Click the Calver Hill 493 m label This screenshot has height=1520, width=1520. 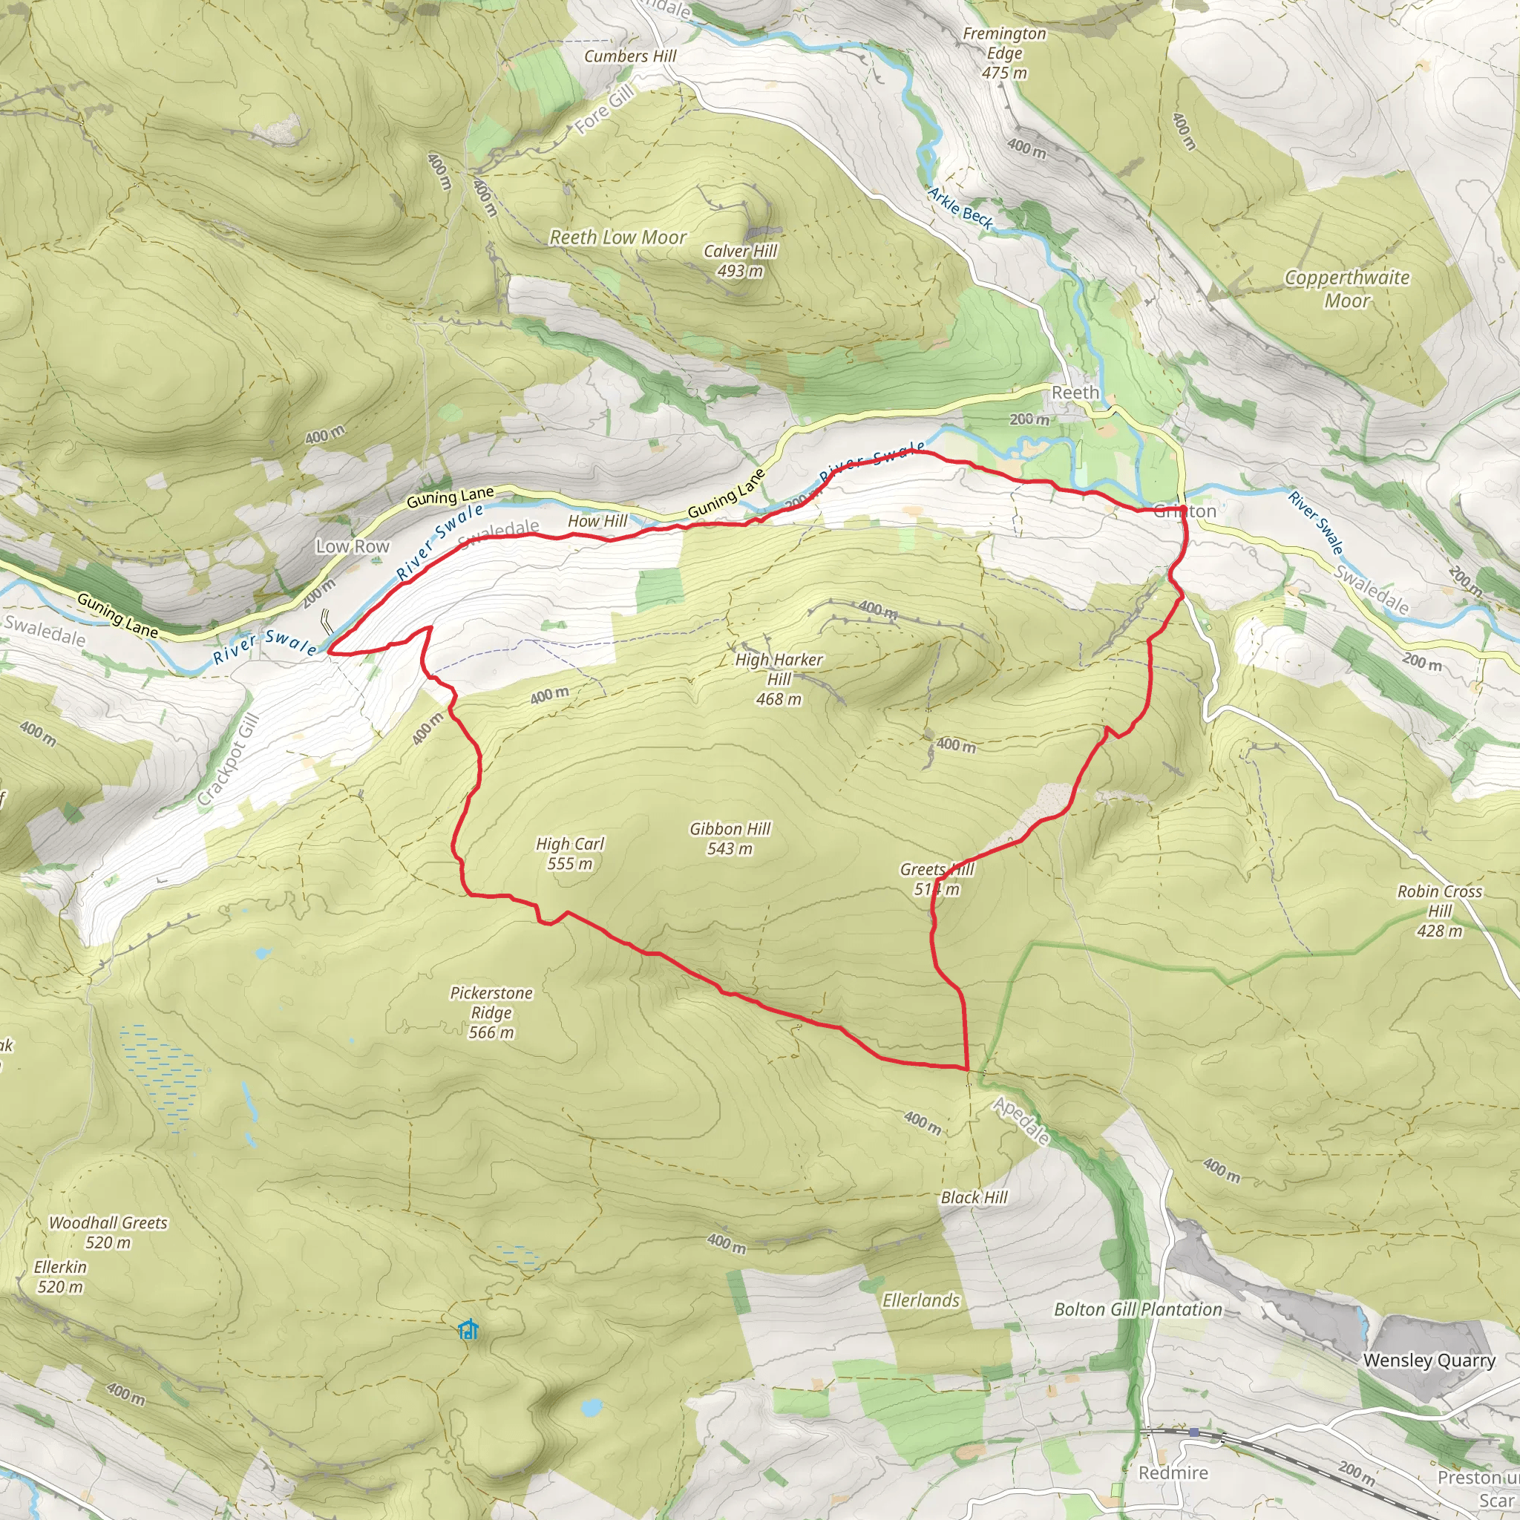(x=739, y=261)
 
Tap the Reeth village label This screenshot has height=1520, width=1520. (x=1075, y=393)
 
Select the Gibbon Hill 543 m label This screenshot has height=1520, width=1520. (x=730, y=838)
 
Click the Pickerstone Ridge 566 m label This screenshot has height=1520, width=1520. (x=491, y=1012)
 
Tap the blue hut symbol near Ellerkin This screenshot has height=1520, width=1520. (x=468, y=1329)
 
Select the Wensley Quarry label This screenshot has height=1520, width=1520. (x=1429, y=1360)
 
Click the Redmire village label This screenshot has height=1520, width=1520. (x=1173, y=1472)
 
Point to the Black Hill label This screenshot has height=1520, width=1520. (x=974, y=1196)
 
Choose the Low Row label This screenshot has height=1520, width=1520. (x=353, y=546)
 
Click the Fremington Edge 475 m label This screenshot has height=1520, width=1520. (x=1005, y=53)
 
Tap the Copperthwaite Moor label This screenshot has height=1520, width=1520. (x=1347, y=289)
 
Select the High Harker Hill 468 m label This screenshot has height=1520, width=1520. (x=779, y=679)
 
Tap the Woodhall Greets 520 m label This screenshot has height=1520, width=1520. (x=108, y=1232)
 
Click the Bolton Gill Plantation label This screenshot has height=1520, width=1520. (x=1138, y=1309)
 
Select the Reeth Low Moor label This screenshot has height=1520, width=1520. (x=617, y=237)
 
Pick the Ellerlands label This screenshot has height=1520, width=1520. (x=920, y=1300)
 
